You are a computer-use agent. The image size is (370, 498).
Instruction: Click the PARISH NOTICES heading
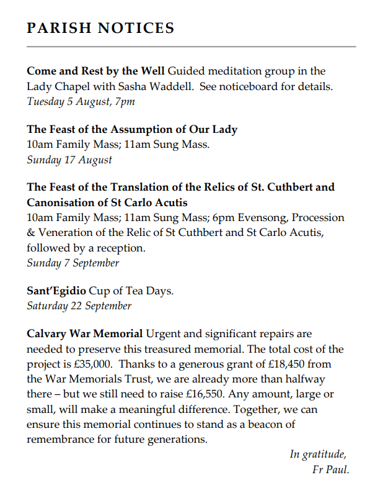100,29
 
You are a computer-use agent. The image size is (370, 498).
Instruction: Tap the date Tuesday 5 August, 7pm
81,101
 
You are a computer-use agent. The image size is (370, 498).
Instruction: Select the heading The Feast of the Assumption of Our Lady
132,130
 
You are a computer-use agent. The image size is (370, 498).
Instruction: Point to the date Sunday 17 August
69,160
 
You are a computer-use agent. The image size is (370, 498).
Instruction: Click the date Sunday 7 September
73,263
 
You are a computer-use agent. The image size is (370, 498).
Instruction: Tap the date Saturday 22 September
79,306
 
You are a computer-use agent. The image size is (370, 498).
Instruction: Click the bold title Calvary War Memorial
85,335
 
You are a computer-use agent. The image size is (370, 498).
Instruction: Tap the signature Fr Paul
331,469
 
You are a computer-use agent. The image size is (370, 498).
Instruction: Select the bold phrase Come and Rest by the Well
95,71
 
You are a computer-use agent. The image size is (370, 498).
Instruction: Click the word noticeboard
248,86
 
